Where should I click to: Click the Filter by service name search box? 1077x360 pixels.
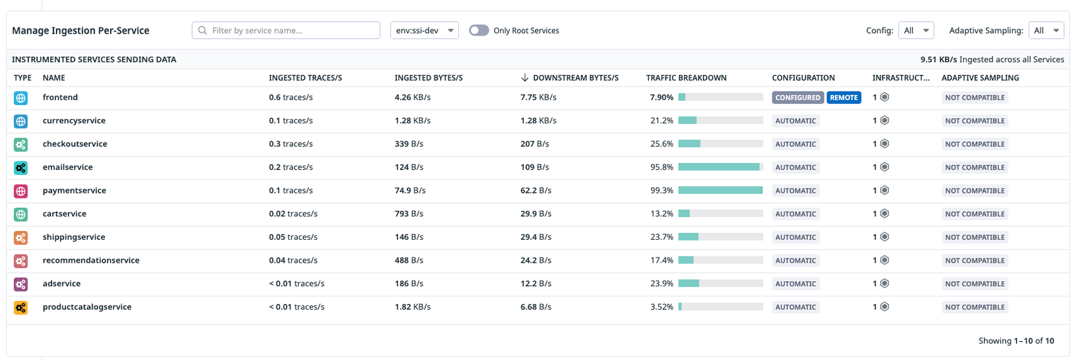(286, 31)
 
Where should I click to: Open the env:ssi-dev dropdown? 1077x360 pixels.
(424, 31)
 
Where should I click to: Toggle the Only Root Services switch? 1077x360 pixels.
(479, 31)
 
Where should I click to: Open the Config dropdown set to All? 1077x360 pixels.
(916, 31)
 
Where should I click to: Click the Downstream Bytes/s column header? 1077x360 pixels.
(575, 78)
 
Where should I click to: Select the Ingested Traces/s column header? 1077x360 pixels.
(305, 78)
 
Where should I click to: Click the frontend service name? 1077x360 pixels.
(60, 97)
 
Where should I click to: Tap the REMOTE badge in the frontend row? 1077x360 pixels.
(844, 98)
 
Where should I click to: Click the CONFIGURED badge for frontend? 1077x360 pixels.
(797, 98)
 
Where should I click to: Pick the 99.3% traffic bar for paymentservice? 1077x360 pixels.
(720, 190)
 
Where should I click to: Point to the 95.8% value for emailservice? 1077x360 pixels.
(662, 167)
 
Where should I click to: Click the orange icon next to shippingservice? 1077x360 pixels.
(21, 237)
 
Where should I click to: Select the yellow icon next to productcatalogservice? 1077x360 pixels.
(21, 307)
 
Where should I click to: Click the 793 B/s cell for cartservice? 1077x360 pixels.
(409, 214)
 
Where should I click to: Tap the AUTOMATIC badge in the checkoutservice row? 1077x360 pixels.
(795, 144)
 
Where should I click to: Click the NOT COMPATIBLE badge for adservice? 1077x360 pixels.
(974, 284)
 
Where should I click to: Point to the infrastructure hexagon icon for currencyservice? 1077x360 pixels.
(884, 121)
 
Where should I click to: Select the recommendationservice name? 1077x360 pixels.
(91, 260)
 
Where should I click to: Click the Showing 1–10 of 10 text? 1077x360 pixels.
(1015, 341)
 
